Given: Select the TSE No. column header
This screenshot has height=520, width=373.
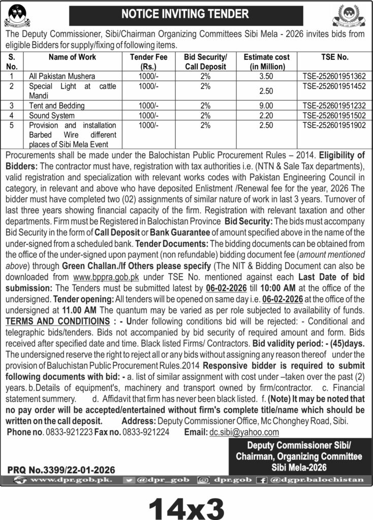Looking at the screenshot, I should [x=334, y=57].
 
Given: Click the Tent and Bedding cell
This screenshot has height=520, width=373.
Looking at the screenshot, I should [x=57, y=106].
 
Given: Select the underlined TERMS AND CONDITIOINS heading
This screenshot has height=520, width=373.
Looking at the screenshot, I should [x=58, y=322].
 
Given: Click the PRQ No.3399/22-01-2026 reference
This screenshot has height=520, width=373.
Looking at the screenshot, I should [x=61, y=470].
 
